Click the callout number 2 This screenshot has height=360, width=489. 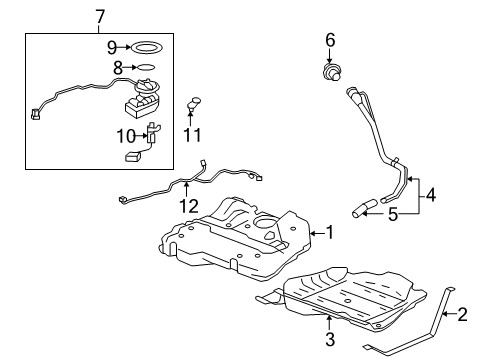coord(462,314)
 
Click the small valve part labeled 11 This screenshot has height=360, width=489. coord(195,102)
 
